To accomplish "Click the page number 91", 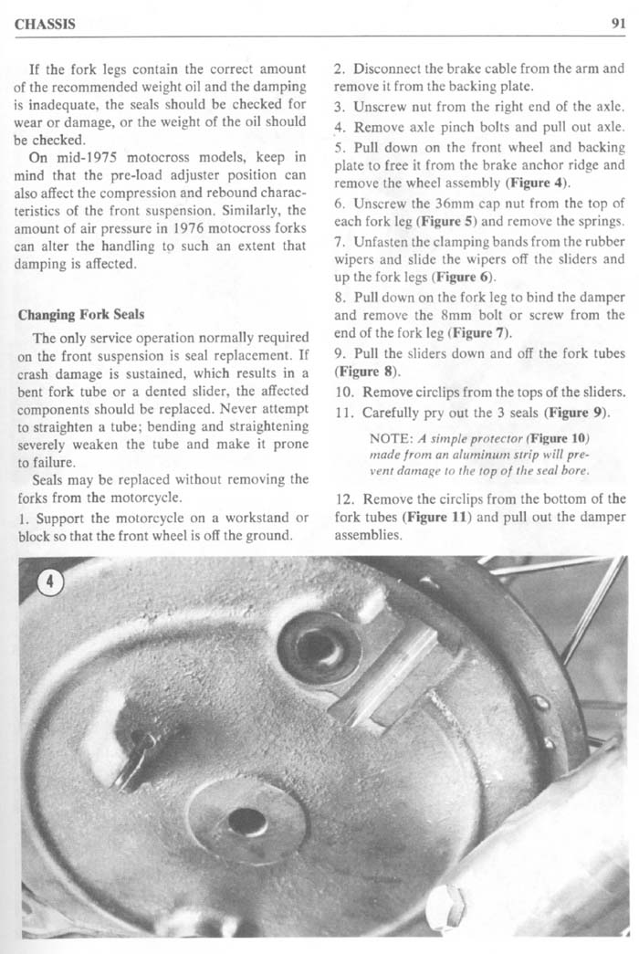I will [x=614, y=24].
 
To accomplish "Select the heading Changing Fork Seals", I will [x=81, y=316].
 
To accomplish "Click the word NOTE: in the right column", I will [x=382, y=437].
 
